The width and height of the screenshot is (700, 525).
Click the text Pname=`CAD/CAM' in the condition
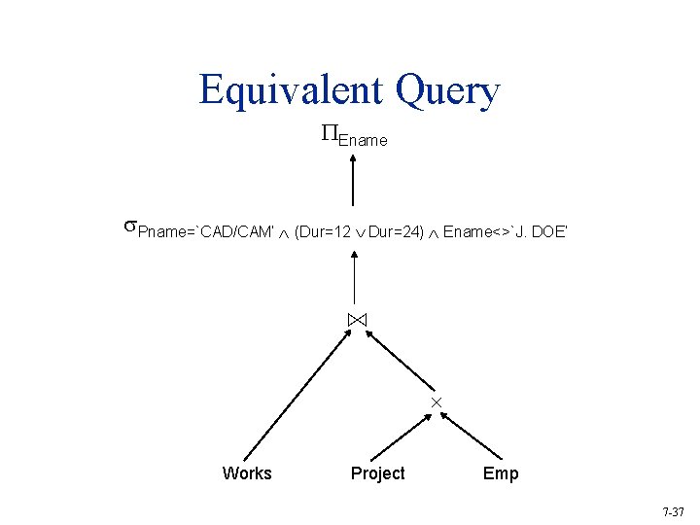(204, 231)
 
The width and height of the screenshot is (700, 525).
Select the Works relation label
(247, 473)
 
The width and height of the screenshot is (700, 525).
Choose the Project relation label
(377, 473)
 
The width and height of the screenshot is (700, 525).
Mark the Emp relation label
(501, 473)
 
